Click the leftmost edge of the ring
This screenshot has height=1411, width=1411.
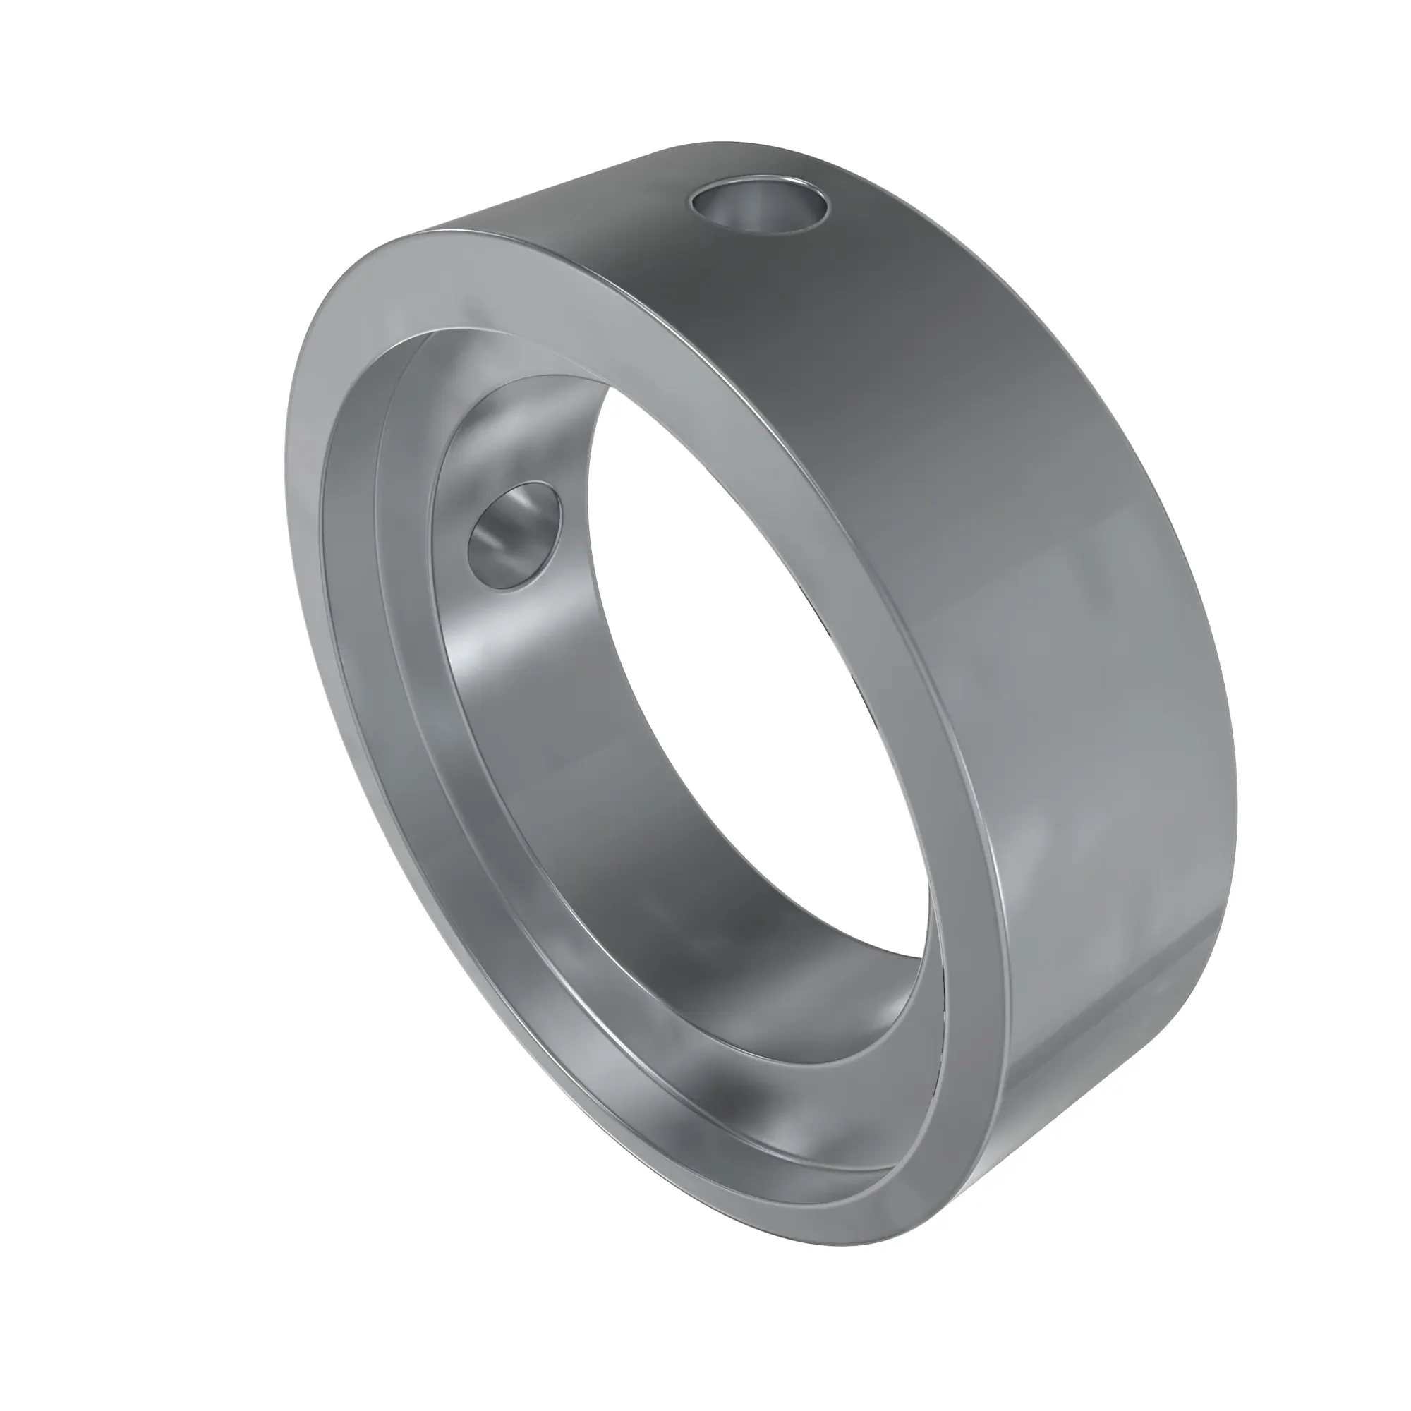point(284,453)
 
